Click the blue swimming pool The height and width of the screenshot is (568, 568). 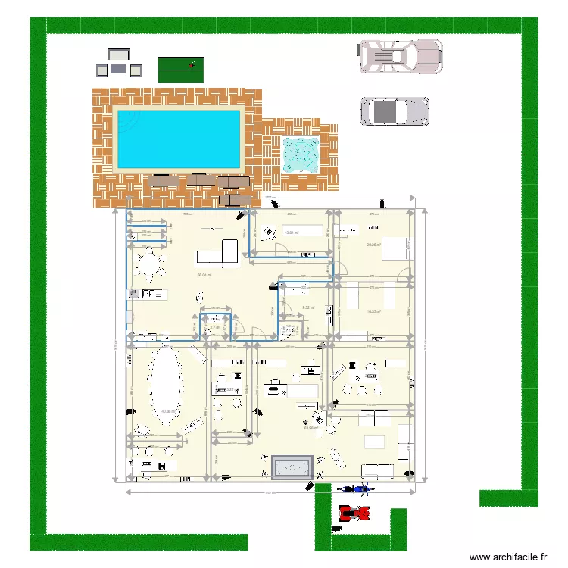[179, 138]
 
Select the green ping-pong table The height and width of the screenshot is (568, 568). [182, 69]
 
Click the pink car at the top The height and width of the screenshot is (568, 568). [400, 56]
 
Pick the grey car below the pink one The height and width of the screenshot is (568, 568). [395, 111]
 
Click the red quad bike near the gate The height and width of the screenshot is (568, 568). [354, 513]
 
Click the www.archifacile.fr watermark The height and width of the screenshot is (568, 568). [508, 557]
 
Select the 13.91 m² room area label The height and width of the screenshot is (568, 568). [290, 233]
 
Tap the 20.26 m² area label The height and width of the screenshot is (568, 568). [373, 245]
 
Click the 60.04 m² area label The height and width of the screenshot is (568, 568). [204, 275]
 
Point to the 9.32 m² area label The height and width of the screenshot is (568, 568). [308, 307]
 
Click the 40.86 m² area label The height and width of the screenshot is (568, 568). [168, 412]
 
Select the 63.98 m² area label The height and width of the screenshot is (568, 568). [311, 428]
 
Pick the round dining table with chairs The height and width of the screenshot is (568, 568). [150, 265]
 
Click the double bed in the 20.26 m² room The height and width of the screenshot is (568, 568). [396, 248]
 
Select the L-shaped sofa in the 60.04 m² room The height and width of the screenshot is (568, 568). [220, 253]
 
